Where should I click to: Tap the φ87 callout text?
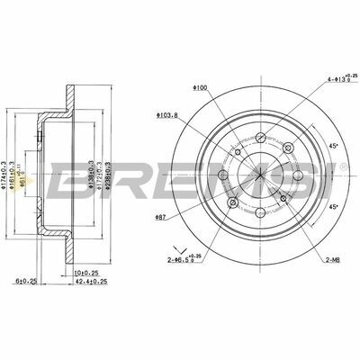point(161,219)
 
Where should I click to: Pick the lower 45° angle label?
point(332,208)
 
